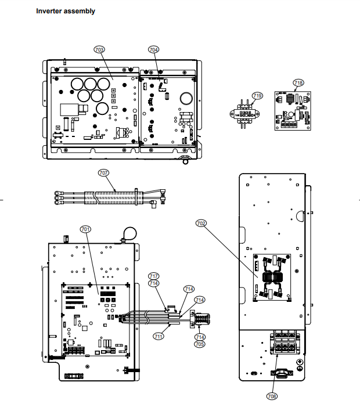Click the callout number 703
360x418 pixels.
(x=99, y=51)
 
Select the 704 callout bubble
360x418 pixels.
(x=153, y=51)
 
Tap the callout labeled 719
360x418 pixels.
(x=257, y=95)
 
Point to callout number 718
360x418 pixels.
(x=298, y=83)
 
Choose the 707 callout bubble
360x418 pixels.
(x=104, y=172)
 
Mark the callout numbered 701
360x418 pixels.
(x=85, y=230)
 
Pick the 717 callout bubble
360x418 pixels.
(x=154, y=276)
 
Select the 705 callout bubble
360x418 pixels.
(x=200, y=344)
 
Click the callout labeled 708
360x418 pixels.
(x=272, y=397)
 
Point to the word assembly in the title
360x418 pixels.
(x=81, y=11)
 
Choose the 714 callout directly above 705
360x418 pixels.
(x=200, y=337)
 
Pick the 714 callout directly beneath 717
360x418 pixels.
(x=154, y=283)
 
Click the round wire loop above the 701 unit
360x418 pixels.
(x=128, y=233)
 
